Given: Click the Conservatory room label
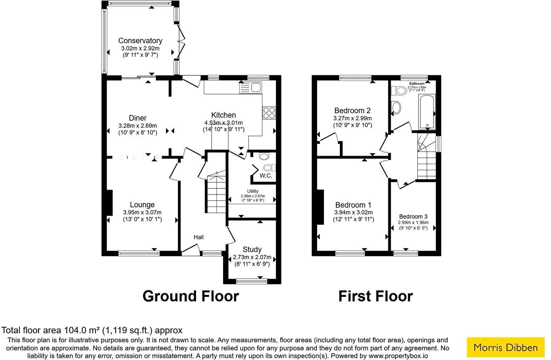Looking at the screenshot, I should click(140, 41).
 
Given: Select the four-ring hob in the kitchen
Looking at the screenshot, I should click(269, 113).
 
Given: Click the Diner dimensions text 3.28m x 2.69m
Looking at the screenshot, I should click(137, 126).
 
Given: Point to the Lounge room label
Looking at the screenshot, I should click(142, 205).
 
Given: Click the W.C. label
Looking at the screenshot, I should click(266, 176).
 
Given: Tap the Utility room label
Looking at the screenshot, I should click(253, 191).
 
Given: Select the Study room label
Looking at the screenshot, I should click(252, 249).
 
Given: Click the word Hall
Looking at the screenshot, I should click(198, 237).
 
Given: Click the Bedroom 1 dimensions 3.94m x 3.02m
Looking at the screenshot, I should click(353, 213).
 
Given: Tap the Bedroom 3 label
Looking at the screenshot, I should click(413, 217).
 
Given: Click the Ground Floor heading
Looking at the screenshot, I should click(191, 296).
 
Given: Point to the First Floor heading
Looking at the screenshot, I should click(375, 296).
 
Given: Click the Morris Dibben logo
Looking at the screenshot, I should click(505, 347).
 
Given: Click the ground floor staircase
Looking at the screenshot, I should click(215, 193).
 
